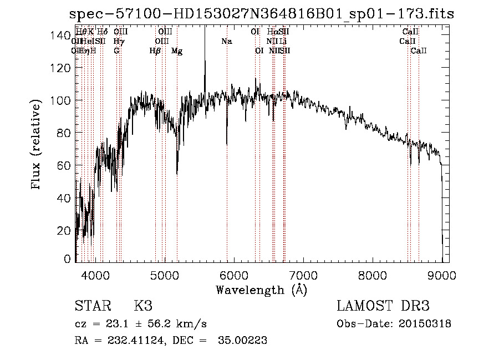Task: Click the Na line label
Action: point(226,41)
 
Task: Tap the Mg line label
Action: point(177,51)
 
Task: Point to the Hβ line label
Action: point(155,51)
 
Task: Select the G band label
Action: point(116,50)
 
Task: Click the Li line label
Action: point(283,41)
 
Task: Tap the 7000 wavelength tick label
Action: point(303,275)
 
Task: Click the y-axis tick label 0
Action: point(67,259)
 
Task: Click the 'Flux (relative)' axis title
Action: point(37,145)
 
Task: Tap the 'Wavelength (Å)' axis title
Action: point(261,290)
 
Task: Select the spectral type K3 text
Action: point(142,306)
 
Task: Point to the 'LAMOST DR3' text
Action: point(383,306)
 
